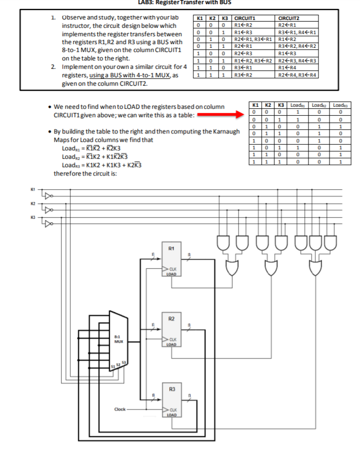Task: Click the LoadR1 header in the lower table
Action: (x=297, y=105)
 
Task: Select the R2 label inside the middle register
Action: (x=172, y=319)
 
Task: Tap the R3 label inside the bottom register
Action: (x=172, y=389)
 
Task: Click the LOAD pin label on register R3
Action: (x=172, y=415)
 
